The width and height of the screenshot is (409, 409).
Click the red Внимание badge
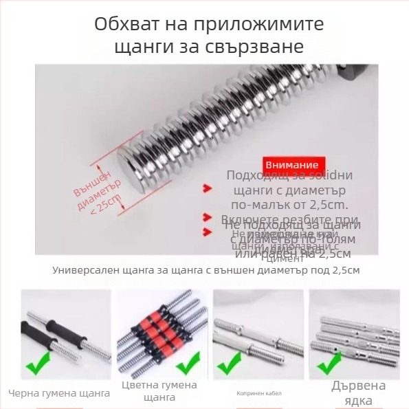pos(291,165)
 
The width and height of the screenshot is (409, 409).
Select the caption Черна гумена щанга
pos(59,394)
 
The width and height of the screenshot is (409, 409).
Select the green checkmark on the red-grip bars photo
pos(187,362)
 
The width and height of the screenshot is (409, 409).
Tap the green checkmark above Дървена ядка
pos(329,363)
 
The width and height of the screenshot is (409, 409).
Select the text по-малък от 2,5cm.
pos(290,204)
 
